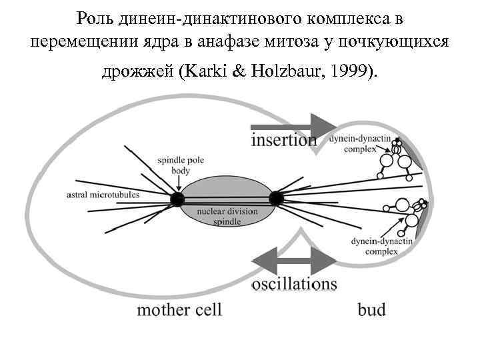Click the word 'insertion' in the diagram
coord(284,140)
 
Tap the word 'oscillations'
coord(294,284)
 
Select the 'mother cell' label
coord(179,309)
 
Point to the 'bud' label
coord(371,309)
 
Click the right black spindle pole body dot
coord(276,197)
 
